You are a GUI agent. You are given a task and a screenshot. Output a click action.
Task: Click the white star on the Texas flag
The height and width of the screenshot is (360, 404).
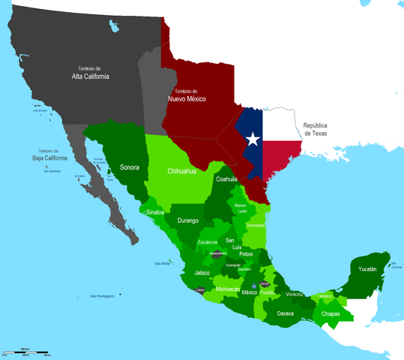click(x=253, y=139)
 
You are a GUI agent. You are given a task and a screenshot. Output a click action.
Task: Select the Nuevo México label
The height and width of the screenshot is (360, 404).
click(x=187, y=98)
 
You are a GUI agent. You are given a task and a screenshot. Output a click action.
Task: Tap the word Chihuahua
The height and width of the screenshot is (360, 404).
click(x=181, y=172)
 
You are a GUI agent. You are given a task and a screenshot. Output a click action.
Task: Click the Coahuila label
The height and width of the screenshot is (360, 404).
click(x=226, y=179)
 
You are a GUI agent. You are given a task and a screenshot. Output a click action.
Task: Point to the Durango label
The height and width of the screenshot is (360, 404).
click(x=189, y=220)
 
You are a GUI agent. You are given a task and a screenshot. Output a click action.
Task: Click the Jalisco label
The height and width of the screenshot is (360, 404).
click(x=202, y=273)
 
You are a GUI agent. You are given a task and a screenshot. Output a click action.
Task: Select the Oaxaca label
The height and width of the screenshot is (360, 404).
click(x=285, y=313)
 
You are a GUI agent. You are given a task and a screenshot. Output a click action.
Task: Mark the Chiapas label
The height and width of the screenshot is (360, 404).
click(x=331, y=314)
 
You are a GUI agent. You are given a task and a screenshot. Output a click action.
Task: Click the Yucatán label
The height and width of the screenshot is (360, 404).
click(x=367, y=268)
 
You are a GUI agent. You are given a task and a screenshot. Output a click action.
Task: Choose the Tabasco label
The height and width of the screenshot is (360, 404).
click(x=325, y=296)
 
